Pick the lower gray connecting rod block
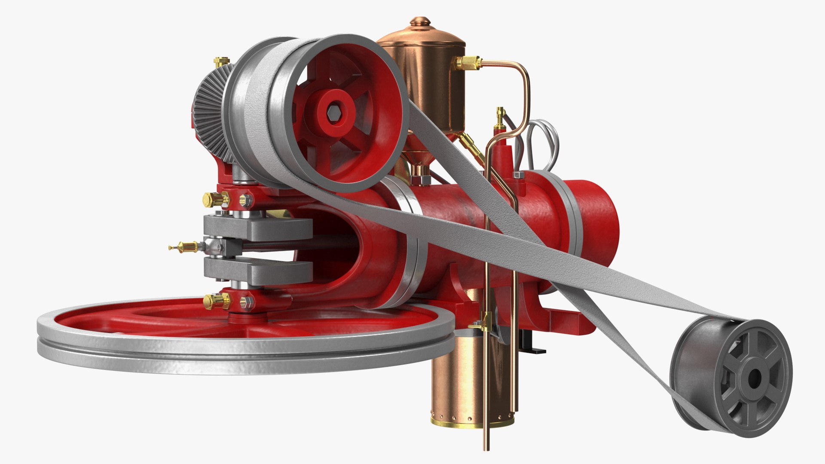point(258,271)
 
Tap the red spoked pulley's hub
point(334,113)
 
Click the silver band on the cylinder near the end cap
point(569,215)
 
